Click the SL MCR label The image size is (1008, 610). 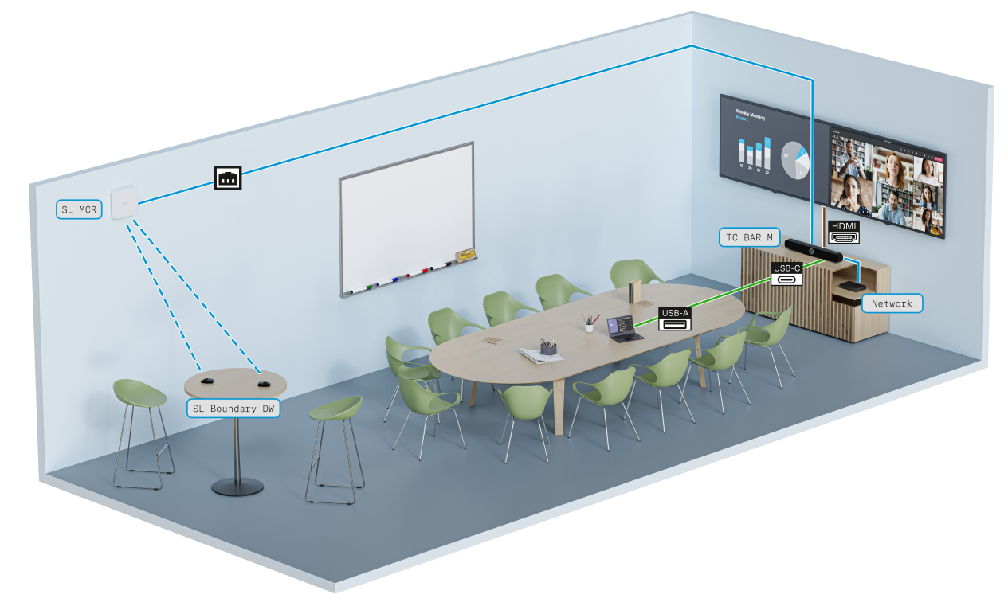click(x=79, y=210)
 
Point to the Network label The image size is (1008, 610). click(x=892, y=303)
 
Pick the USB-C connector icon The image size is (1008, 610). click(x=786, y=274)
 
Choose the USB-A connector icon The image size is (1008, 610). click(x=674, y=319)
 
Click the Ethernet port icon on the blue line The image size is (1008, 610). click(x=228, y=178)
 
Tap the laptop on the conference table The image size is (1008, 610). click(x=623, y=328)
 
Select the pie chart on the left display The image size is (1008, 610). click(x=794, y=160)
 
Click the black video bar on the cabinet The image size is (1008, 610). click(x=812, y=249)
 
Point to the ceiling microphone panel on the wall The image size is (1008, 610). click(x=125, y=202)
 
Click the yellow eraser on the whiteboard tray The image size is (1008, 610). click(x=465, y=256)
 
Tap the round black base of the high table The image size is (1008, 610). click(x=237, y=486)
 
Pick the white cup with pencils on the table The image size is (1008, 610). click(x=589, y=324)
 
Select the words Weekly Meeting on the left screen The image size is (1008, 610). click(x=750, y=115)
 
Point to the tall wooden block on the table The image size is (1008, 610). click(x=635, y=291)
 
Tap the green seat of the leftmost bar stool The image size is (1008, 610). click(x=139, y=392)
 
